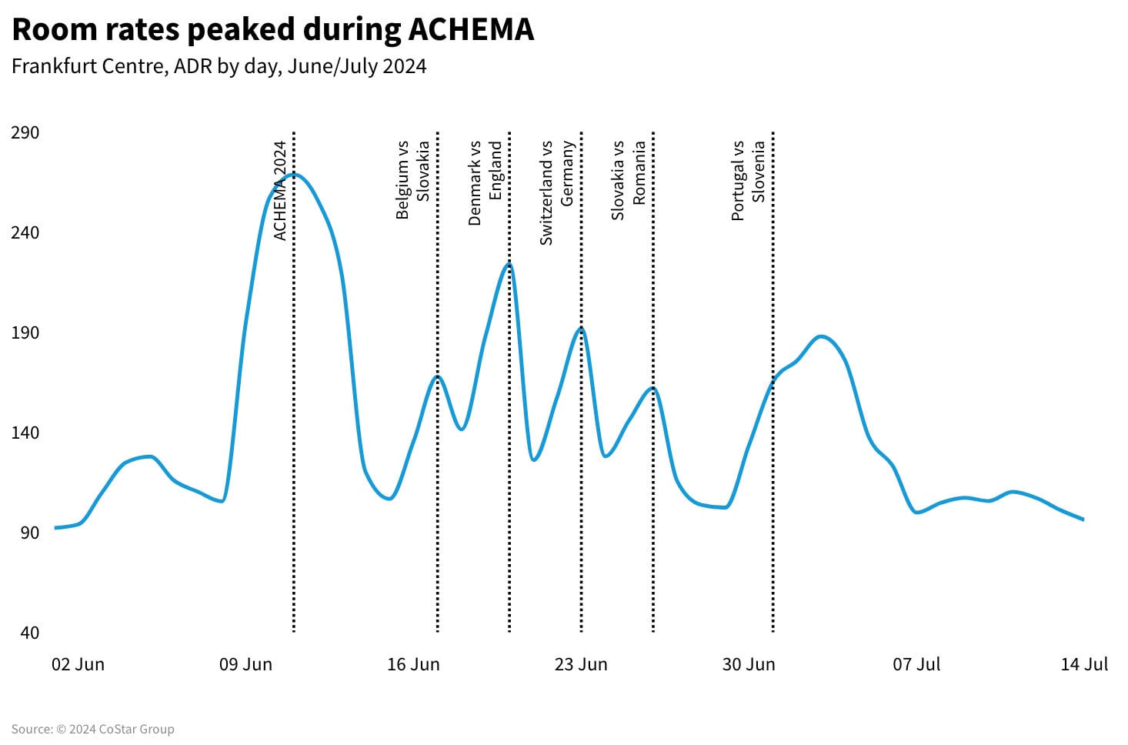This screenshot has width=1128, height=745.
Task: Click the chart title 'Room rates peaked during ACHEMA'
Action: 272,30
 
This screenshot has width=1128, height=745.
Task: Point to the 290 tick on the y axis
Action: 25,132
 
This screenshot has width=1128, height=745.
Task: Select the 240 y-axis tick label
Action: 25,232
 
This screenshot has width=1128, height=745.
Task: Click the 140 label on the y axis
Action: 25,433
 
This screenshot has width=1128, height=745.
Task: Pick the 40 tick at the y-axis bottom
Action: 29,633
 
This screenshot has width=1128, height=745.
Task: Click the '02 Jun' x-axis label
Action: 78,664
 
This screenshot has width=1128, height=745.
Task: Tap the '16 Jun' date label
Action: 413,664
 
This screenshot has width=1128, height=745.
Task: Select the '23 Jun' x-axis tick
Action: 581,664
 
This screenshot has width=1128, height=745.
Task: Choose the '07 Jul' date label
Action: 916,664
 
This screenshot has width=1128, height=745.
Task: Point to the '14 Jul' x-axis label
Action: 1084,664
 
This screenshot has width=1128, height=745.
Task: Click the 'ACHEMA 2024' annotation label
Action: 280,190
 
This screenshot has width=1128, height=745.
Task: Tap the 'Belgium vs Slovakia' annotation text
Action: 412,179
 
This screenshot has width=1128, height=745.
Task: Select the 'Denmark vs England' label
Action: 485,182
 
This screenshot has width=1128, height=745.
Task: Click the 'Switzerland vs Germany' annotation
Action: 557,192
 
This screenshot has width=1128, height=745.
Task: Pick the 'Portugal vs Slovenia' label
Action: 748,180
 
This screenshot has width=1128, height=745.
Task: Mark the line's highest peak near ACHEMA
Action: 293,175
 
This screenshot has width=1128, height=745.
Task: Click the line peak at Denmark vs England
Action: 509,264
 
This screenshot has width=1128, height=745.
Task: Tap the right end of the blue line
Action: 1083,519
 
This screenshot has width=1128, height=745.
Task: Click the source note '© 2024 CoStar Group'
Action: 92,729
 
